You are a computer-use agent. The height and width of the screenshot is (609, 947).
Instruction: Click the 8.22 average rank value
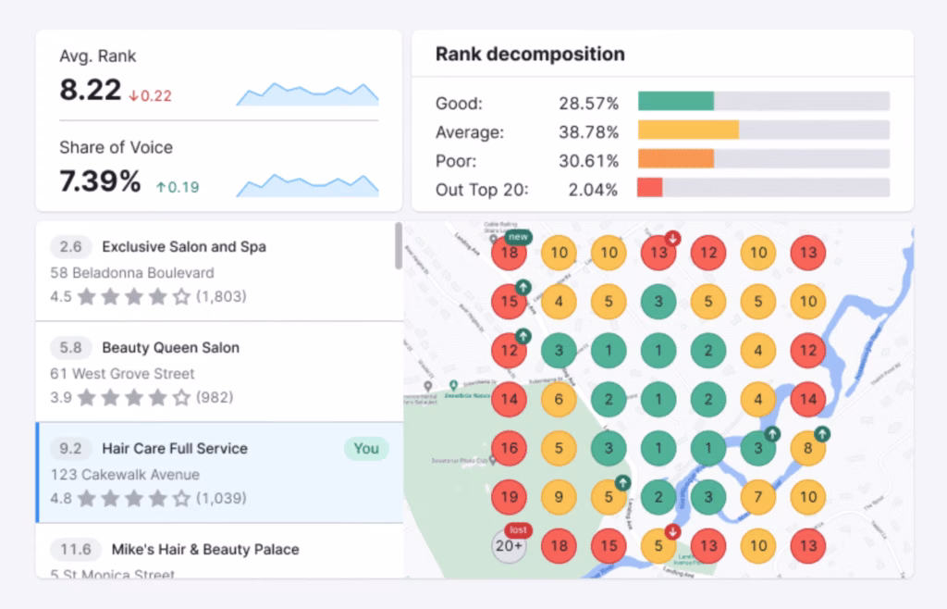(x=91, y=90)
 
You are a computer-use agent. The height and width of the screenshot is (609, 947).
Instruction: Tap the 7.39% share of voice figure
(x=100, y=181)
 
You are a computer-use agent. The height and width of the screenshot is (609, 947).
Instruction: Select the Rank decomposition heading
(x=530, y=55)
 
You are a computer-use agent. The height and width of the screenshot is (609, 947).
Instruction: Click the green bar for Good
(x=675, y=102)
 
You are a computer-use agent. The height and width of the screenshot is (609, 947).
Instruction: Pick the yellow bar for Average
(x=688, y=130)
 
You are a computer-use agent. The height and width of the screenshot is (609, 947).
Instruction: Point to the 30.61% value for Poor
(x=588, y=161)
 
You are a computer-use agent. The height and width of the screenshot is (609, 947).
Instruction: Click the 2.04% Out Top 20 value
(x=592, y=190)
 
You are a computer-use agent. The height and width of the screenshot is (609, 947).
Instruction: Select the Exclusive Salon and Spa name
(x=183, y=247)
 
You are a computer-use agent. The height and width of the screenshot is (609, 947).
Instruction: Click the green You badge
(x=366, y=449)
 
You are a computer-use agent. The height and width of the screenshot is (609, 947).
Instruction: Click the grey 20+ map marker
(x=509, y=546)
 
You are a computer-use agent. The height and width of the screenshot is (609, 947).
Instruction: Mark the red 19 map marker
(x=509, y=497)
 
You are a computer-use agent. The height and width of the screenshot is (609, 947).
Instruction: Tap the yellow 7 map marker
(x=758, y=497)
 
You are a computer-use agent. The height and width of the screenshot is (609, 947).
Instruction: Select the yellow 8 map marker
(x=808, y=449)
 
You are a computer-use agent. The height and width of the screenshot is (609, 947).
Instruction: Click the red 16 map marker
(x=509, y=449)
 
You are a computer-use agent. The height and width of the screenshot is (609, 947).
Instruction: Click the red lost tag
(x=520, y=529)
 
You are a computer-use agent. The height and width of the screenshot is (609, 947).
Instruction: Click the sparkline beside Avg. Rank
(x=307, y=93)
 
